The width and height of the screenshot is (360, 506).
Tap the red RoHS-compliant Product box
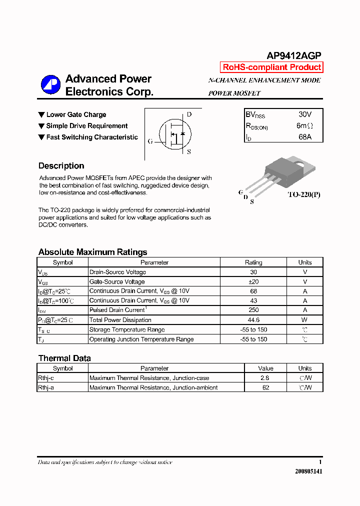[x=271, y=67]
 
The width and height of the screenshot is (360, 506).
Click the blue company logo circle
[x=50, y=85]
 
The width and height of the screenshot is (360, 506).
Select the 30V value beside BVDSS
[x=304, y=114]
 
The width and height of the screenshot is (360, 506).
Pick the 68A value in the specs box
[x=304, y=136]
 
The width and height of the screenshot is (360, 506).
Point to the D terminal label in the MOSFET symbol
[x=189, y=114]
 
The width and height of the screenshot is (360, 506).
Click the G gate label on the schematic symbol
[x=150, y=141]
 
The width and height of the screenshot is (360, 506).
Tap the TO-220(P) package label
[x=303, y=194]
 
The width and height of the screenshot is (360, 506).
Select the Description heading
[x=61, y=166]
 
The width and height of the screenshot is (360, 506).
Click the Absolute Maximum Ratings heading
[x=92, y=252]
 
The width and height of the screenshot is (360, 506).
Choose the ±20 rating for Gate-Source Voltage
[x=253, y=281]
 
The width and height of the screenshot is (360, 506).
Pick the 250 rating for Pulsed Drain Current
[x=253, y=310]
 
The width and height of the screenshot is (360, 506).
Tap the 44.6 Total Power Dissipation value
[x=253, y=320]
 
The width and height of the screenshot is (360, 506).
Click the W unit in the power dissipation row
[x=304, y=320]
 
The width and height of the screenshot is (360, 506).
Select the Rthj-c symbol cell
[x=46, y=378]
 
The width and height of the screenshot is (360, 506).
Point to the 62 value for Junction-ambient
[x=265, y=387]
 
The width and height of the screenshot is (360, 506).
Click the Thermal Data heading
[x=64, y=358]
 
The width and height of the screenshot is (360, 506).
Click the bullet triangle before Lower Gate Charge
[x=41, y=115]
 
